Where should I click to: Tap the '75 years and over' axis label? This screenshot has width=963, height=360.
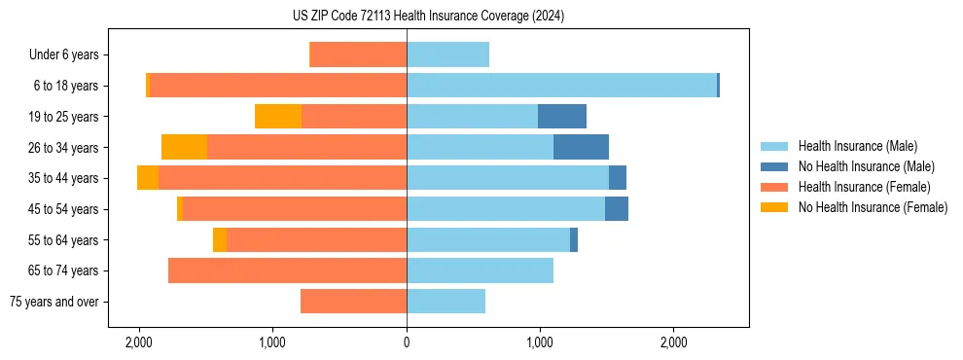point(53,302)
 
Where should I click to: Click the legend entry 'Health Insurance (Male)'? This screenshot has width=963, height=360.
point(856,146)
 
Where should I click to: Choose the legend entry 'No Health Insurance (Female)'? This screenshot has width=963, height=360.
point(873,207)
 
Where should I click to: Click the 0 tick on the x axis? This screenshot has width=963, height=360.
point(407,343)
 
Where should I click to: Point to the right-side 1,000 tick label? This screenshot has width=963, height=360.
point(540,343)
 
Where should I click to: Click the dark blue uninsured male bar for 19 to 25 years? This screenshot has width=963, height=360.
point(562,117)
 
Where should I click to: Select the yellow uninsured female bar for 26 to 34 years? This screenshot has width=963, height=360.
point(184,147)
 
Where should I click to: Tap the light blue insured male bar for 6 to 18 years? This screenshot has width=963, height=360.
point(561,86)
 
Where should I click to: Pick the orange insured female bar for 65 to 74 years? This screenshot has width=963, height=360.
point(287,270)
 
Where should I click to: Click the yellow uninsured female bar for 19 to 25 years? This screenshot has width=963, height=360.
point(278,117)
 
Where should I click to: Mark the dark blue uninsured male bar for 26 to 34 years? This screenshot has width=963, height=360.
point(581,147)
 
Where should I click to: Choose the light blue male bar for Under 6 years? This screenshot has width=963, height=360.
point(447,54)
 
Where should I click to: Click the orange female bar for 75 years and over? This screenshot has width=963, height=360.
point(353,302)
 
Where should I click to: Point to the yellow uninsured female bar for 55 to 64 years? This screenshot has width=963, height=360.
point(220,239)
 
